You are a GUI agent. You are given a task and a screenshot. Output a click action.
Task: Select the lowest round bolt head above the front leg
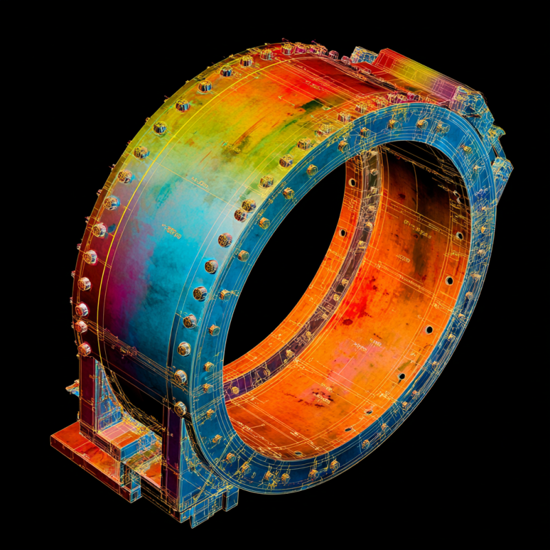tap(180, 407)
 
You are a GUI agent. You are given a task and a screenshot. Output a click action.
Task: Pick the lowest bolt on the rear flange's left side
tap(85, 349)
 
